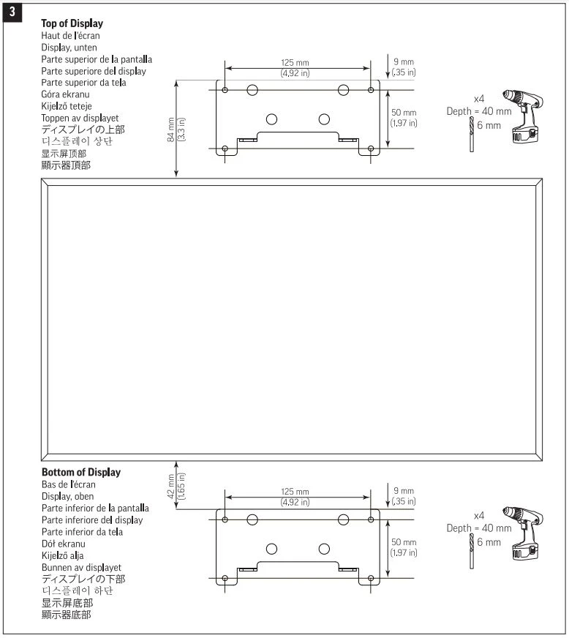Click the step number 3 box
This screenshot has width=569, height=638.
[x=12, y=12]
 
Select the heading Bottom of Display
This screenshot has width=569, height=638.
[x=81, y=472]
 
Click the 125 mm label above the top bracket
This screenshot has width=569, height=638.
[x=295, y=63]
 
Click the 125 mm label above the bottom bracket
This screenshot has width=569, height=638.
[x=295, y=492]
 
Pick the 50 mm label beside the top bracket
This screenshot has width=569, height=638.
[x=404, y=113]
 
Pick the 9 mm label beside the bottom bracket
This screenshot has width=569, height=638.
[x=403, y=490]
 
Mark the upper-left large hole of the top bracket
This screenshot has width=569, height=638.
[x=252, y=90]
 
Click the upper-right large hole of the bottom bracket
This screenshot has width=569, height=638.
[x=343, y=519]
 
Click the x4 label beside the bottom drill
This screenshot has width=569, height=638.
[x=480, y=517]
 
